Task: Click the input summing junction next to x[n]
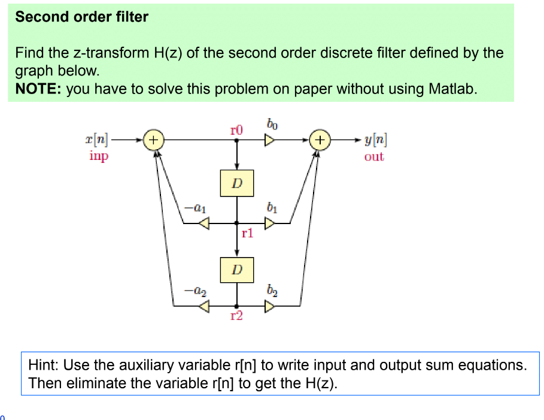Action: pyautogui.click(x=154, y=140)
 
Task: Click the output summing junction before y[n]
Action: pyautogui.click(x=321, y=140)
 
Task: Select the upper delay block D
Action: pyautogui.click(x=237, y=183)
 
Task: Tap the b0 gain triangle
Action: pyautogui.click(x=271, y=140)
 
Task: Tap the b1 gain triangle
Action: pyautogui.click(x=271, y=223)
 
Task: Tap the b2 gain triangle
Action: pyautogui.click(x=271, y=307)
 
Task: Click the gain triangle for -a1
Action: pyautogui.click(x=204, y=223)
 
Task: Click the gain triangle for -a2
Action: pyautogui.click(x=204, y=307)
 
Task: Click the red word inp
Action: pyautogui.click(x=98, y=156)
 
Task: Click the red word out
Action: pyautogui.click(x=374, y=157)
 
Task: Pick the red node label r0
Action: pyautogui.click(x=237, y=129)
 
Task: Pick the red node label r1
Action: pyautogui.click(x=247, y=234)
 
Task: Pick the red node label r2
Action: pyautogui.click(x=237, y=316)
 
